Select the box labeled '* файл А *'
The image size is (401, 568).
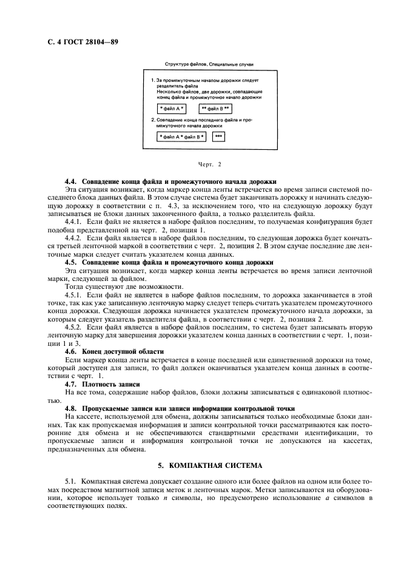(x=171, y=109)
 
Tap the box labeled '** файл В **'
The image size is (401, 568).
(x=215, y=109)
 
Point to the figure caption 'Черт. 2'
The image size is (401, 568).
(x=210, y=164)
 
